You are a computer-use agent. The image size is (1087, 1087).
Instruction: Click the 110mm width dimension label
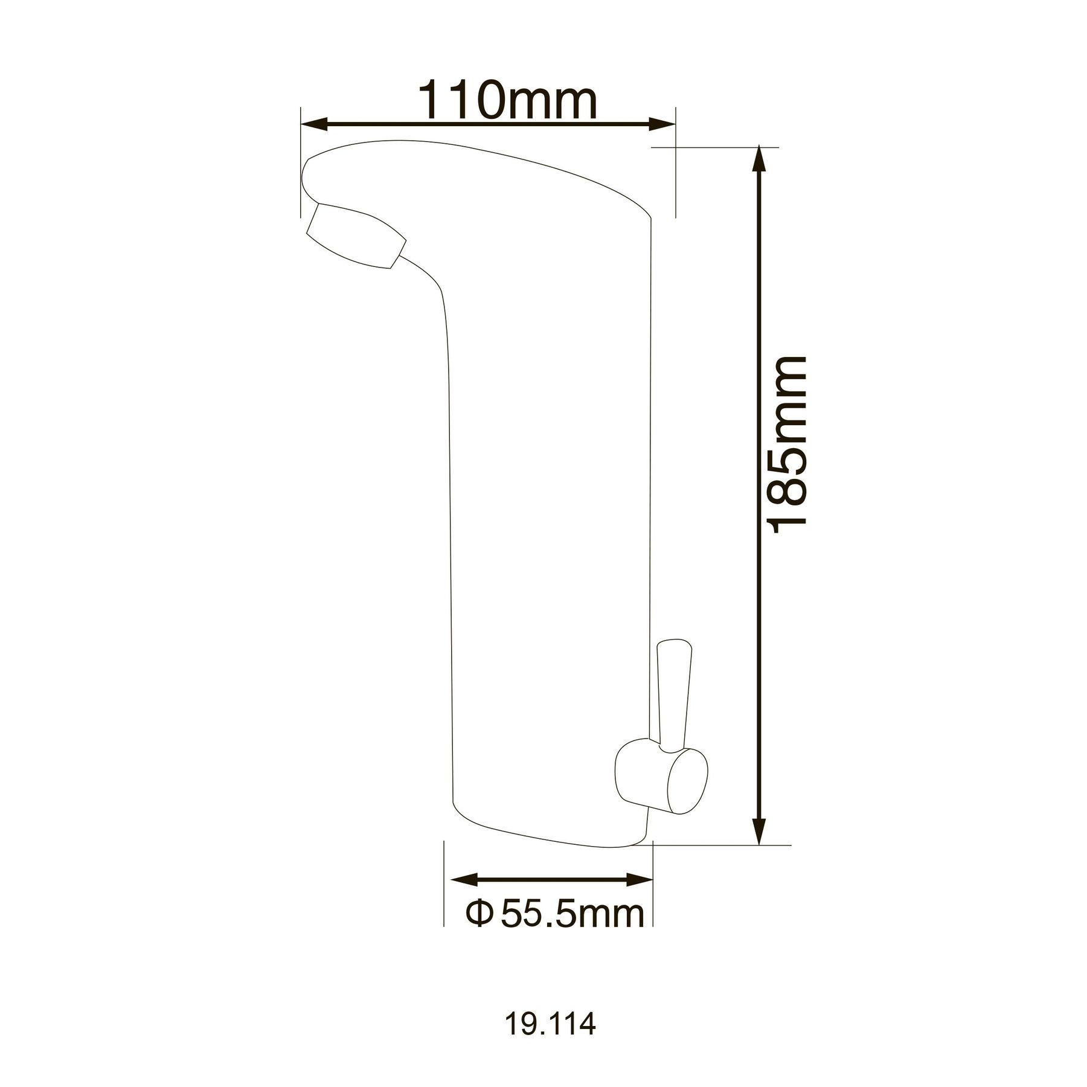[x=507, y=100]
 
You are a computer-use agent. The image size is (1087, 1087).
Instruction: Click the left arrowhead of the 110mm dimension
[x=314, y=124]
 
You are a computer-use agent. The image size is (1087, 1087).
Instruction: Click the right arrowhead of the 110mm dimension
[x=661, y=124]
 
